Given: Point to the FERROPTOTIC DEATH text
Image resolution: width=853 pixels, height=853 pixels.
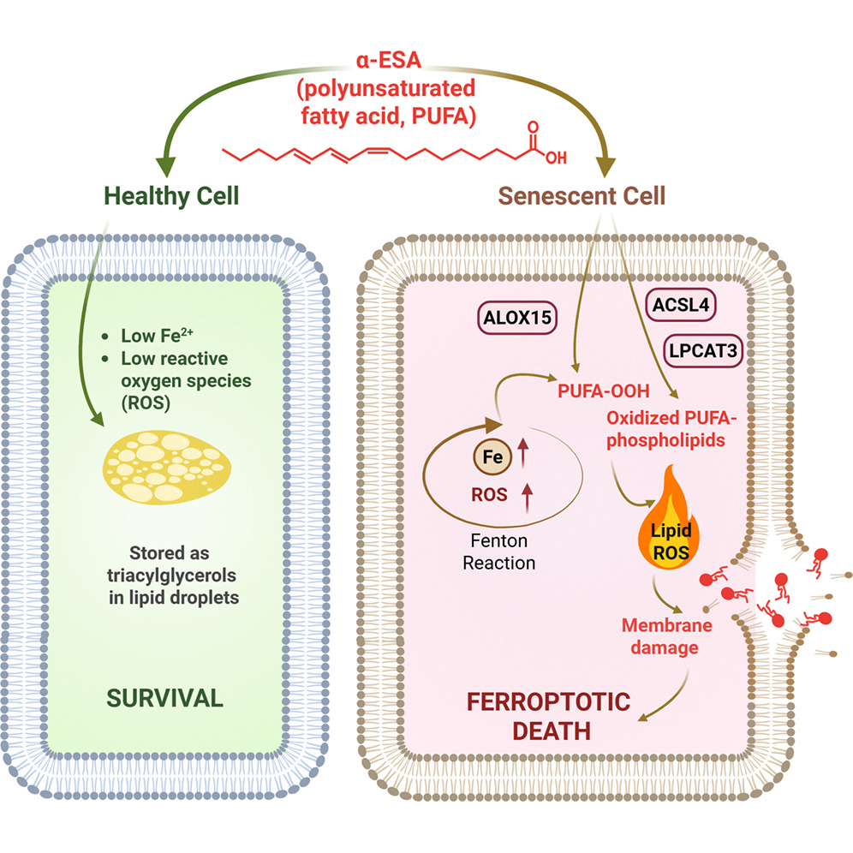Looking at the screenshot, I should [549, 717].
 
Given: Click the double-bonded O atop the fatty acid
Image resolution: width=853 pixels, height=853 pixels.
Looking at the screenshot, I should [534, 126].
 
